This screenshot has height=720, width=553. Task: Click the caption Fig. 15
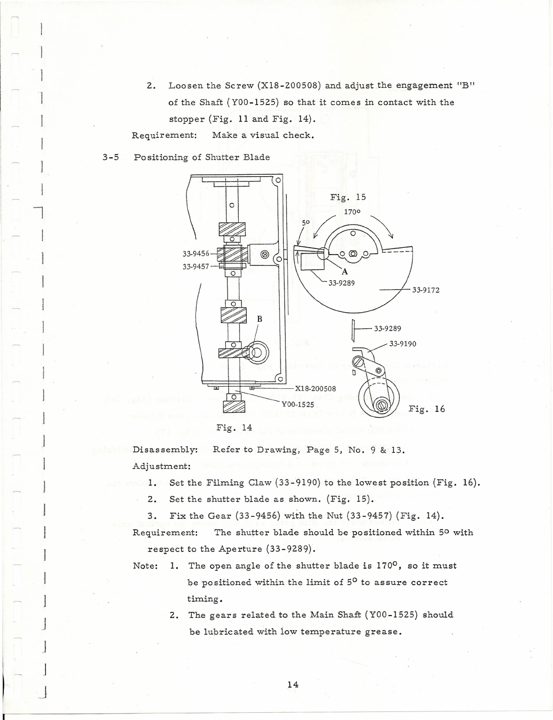(x=348, y=197)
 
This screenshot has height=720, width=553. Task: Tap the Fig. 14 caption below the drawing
(x=234, y=427)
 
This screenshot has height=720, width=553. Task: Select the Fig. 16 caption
(x=426, y=409)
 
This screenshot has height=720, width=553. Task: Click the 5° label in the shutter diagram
(x=306, y=222)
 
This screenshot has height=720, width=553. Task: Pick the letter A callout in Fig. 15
(x=344, y=272)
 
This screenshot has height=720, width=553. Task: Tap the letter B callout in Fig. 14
(x=259, y=319)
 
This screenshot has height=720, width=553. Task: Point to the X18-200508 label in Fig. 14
(x=315, y=388)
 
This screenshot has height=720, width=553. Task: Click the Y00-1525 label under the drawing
(x=298, y=404)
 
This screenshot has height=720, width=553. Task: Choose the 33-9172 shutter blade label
(x=426, y=290)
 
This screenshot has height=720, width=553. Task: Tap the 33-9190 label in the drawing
(x=403, y=344)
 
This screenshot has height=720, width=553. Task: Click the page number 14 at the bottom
(x=293, y=684)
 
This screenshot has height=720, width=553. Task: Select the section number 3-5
(x=110, y=157)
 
